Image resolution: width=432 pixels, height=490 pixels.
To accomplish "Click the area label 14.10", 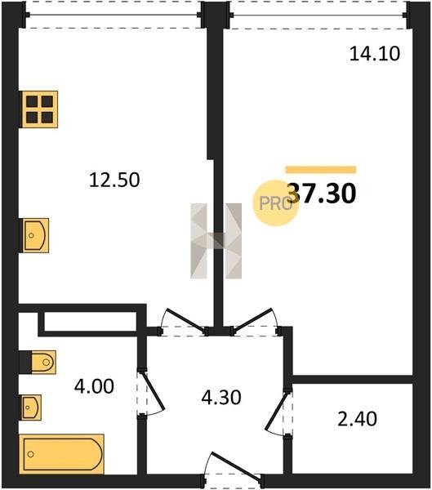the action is (x=375, y=53).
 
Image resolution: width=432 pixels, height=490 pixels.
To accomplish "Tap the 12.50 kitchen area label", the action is (x=114, y=180).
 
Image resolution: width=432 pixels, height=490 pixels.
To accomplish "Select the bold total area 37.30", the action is (x=322, y=193).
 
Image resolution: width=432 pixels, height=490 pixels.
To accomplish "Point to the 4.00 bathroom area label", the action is (x=94, y=386).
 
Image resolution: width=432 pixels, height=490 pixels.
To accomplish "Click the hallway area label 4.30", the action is (x=221, y=398).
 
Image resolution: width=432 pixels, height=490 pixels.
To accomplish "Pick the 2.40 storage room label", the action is (x=357, y=419).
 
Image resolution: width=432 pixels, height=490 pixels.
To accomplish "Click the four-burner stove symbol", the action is (x=38, y=109).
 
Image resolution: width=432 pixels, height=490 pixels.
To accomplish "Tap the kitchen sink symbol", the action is (x=34, y=235).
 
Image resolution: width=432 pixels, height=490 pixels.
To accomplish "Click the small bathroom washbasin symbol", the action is (x=30, y=408).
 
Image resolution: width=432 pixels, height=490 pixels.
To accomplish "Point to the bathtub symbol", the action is (x=61, y=454).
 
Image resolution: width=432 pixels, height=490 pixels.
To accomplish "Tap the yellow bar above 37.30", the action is (x=321, y=169).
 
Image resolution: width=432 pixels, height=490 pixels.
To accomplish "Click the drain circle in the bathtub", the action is (x=31, y=454).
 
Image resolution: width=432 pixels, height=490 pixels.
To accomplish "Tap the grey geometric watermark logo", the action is (x=216, y=241).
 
